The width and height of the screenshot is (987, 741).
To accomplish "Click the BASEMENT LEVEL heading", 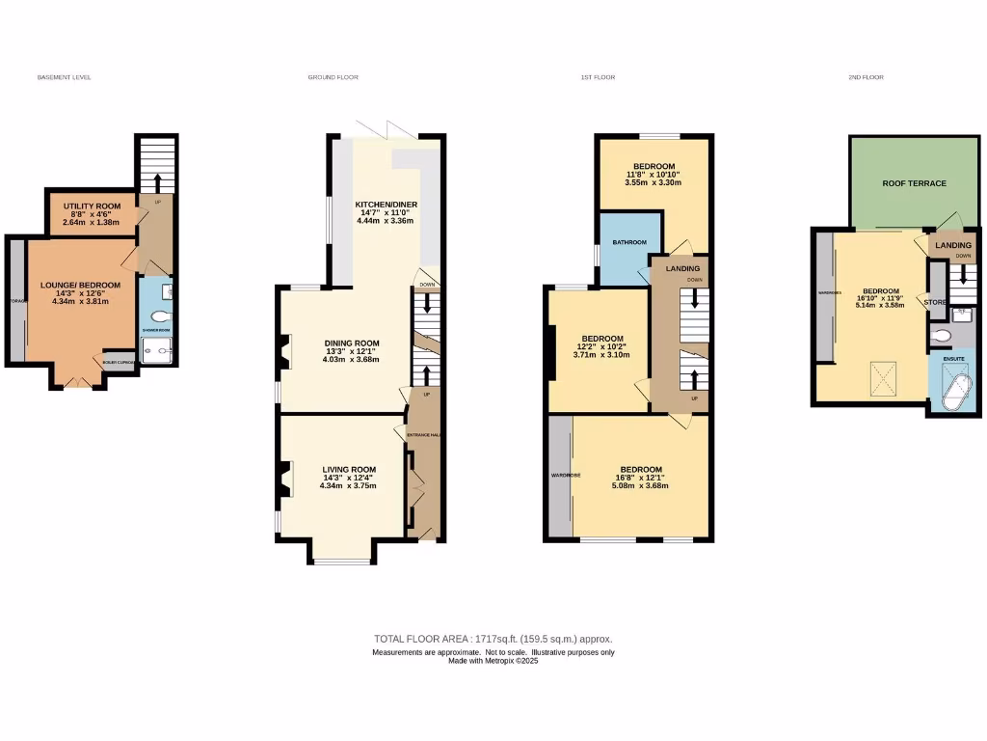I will [64, 77].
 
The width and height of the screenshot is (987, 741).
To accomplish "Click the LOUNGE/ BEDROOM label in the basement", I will [80, 285].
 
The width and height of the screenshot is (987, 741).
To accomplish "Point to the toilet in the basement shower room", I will [160, 316].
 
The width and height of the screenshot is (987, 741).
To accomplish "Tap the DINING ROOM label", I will [351, 343].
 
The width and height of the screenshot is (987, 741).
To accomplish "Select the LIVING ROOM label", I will [349, 469].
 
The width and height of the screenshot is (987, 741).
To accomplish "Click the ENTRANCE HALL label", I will [422, 436].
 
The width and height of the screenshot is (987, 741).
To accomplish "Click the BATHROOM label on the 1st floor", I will [627, 242].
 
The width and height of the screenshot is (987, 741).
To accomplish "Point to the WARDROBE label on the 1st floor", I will [563, 476].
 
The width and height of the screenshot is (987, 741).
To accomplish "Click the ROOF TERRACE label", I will [914, 183].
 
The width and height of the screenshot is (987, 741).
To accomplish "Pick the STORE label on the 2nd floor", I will [934, 302].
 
